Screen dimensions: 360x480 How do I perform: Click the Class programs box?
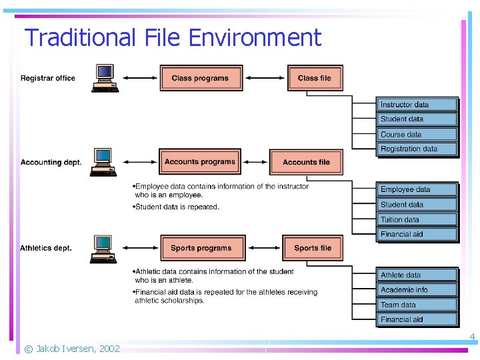(x=201, y=78)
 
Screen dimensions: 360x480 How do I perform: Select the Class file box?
(x=315, y=78)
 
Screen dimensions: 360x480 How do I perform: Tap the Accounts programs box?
(x=200, y=162)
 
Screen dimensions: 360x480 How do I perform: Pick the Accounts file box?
(x=306, y=162)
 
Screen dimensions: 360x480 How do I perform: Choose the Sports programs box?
(x=201, y=248)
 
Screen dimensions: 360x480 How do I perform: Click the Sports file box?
(x=313, y=248)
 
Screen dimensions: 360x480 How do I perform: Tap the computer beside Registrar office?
(x=105, y=78)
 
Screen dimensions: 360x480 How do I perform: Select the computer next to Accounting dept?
(x=103, y=162)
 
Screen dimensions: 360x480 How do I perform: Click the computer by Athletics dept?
(x=103, y=249)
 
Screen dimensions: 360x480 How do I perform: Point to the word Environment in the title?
(x=255, y=37)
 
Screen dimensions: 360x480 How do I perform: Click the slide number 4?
(x=472, y=337)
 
